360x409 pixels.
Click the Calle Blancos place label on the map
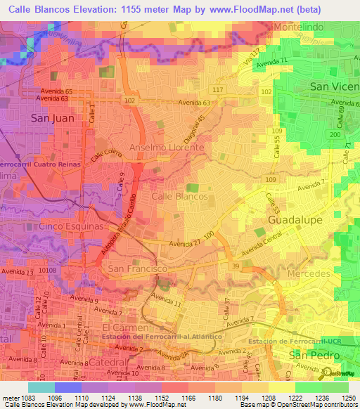pyautogui.click(x=179, y=197)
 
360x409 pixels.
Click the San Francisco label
pyautogui.click(x=136, y=269)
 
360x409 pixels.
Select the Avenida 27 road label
pyautogui.click(x=184, y=244)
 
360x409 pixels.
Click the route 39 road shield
pyautogui.click(x=235, y=266)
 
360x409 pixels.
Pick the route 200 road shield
pyautogui.click(x=335, y=134)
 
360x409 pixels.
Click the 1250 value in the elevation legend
pyautogui.click(x=349, y=397)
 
